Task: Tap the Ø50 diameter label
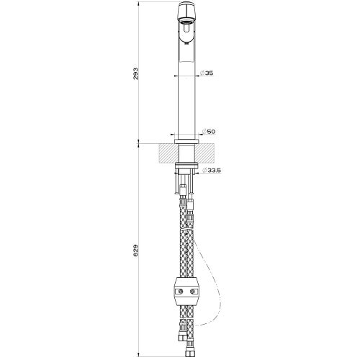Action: click(210, 132)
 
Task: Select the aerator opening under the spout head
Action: click(184, 23)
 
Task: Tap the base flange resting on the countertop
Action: click(184, 138)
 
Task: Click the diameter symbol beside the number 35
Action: click(199, 73)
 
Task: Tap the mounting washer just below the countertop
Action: click(184, 169)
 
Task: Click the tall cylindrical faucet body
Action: click(184, 94)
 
